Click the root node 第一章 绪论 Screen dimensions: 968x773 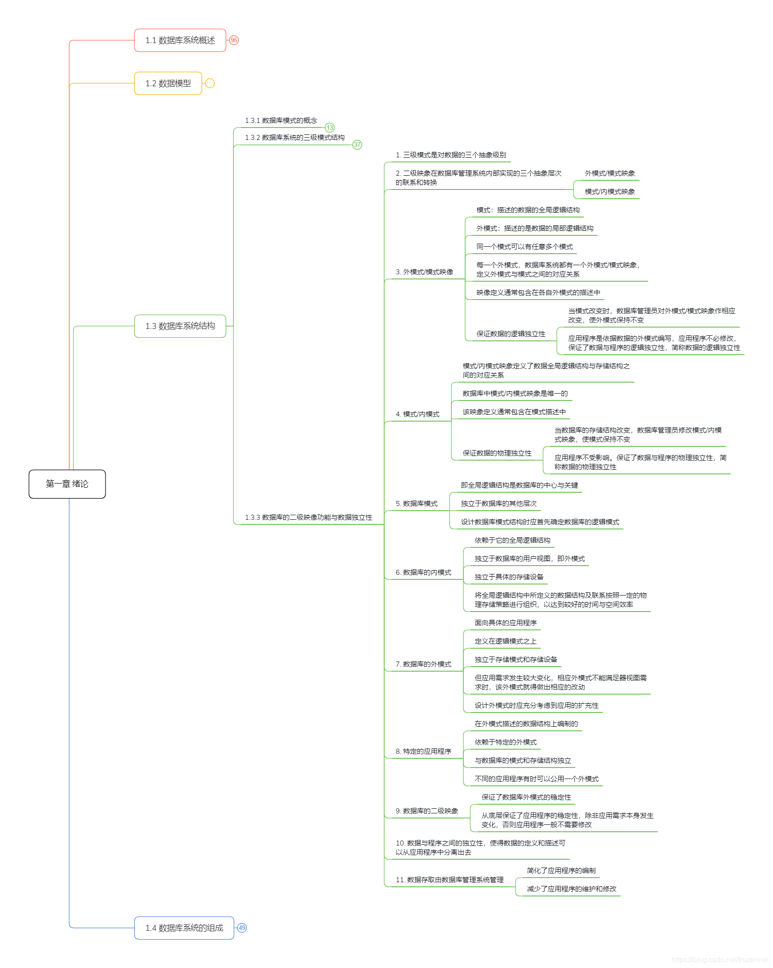[67, 484]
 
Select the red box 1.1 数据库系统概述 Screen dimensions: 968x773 [180, 40]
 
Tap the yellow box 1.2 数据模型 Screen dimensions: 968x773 [168, 83]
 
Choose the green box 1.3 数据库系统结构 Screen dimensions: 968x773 [180, 326]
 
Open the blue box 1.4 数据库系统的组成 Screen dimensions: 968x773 [184, 928]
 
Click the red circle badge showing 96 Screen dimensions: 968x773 [234, 40]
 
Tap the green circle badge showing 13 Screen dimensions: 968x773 [330, 128]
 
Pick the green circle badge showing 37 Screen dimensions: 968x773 [357, 145]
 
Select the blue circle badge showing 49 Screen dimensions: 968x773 [242, 928]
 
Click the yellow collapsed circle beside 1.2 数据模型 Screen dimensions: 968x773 [210, 83]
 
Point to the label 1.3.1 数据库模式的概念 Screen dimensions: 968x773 [281, 121]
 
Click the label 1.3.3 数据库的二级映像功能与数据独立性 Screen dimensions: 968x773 [308, 517]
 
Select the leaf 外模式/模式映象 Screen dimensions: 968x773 [610, 173]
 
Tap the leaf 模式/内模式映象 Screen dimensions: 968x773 [610, 192]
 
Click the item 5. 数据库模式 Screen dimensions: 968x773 [417, 504]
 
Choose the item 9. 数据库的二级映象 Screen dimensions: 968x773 [427, 811]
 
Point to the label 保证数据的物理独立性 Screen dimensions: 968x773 [497, 453]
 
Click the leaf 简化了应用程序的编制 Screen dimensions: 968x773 [561, 871]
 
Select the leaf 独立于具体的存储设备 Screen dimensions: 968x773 [509, 577]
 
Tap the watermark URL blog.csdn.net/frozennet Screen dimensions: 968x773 [720, 959]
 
